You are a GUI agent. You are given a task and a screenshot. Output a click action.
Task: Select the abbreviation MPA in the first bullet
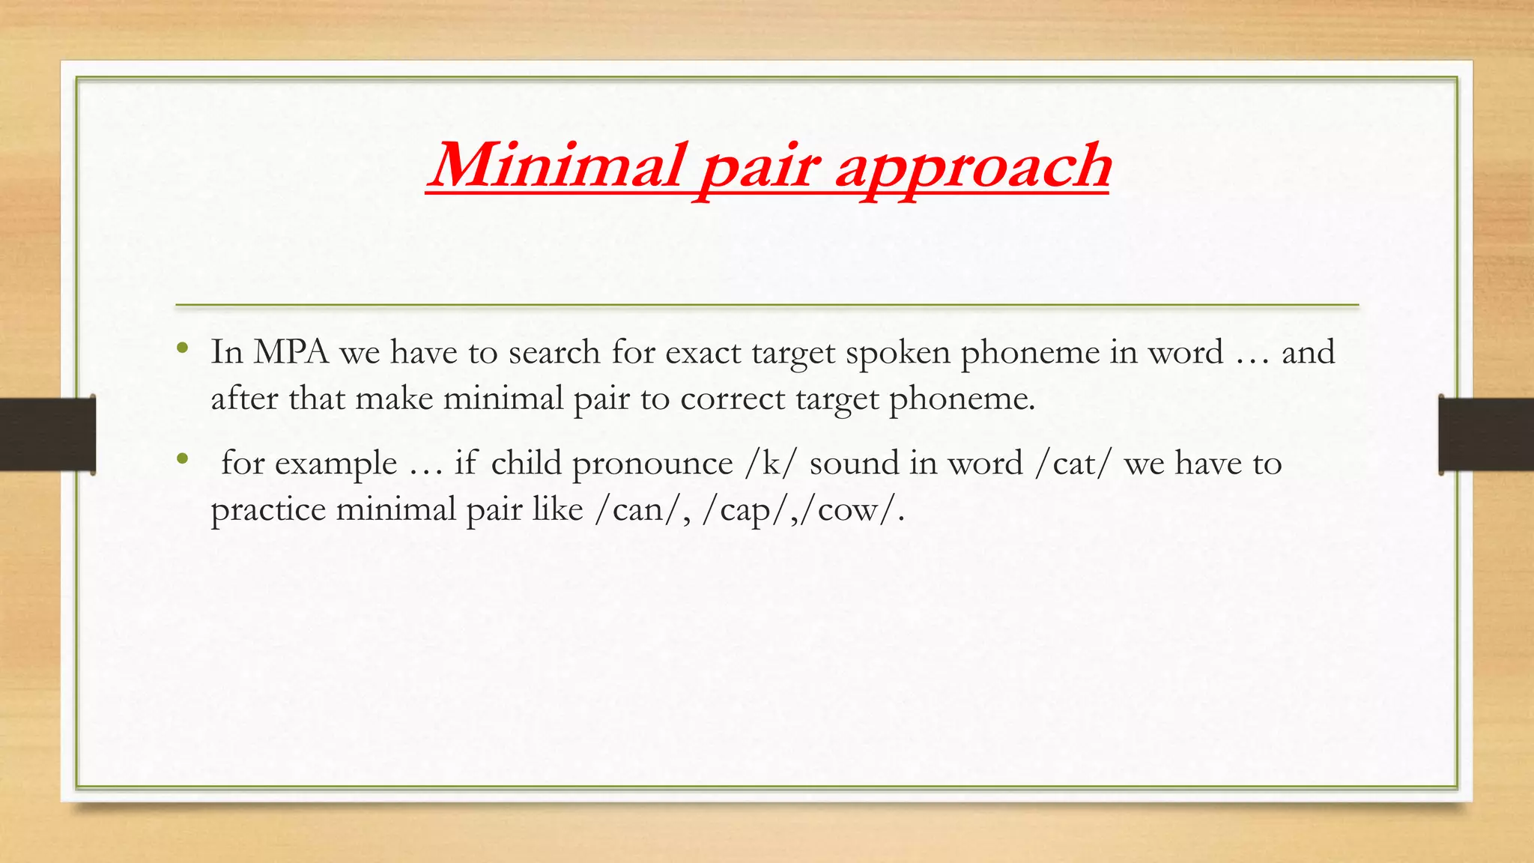point(291,352)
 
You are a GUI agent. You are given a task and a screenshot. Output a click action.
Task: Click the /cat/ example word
point(1073,464)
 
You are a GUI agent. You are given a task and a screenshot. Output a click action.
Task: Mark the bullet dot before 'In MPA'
point(182,348)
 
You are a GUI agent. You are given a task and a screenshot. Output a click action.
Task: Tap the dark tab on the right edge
point(1486,434)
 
